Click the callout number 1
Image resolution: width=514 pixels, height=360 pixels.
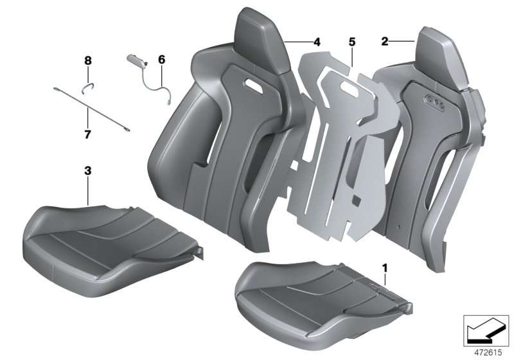pyautogui.click(x=385, y=265)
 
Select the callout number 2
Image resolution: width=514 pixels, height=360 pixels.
pyautogui.click(x=385, y=42)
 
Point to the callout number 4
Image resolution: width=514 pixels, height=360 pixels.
pyautogui.click(x=316, y=42)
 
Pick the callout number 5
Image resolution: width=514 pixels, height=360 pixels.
pyautogui.click(x=351, y=42)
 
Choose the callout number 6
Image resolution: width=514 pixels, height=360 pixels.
pyautogui.click(x=161, y=60)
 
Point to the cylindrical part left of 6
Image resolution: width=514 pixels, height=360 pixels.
pyautogui.click(x=137, y=60)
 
